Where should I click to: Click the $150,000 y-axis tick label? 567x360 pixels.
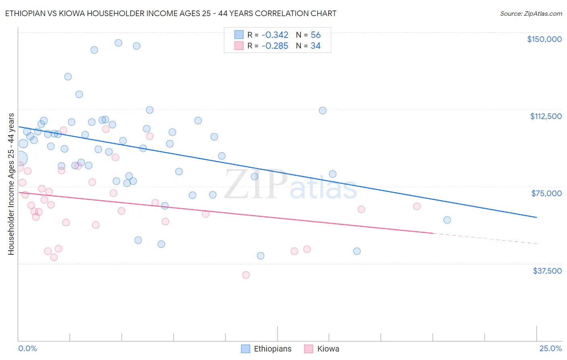(544, 39)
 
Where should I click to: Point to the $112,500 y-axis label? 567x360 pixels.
(546, 116)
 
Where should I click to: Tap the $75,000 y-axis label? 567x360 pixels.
(546, 193)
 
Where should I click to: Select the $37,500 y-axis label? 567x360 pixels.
(547, 271)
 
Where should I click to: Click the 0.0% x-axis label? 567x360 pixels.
(27, 349)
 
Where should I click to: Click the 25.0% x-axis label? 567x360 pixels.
(550, 349)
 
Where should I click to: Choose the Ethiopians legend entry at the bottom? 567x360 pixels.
(267, 349)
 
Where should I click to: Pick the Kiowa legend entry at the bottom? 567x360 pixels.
(322, 349)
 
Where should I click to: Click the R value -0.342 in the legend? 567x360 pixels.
(275, 35)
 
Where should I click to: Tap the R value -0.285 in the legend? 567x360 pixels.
(275, 46)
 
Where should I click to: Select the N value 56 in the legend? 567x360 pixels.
(315, 35)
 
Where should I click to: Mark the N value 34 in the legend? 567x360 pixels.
(315, 46)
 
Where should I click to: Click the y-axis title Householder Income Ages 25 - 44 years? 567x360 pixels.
(11, 184)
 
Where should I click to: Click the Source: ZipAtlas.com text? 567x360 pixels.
(531, 14)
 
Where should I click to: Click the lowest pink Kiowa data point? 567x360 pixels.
(246, 275)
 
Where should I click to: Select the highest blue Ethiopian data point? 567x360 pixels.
(119, 43)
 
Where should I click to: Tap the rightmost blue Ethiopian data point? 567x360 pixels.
(447, 220)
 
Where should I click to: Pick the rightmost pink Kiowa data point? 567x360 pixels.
(417, 206)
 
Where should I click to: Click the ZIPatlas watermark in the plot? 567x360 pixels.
(290, 185)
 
